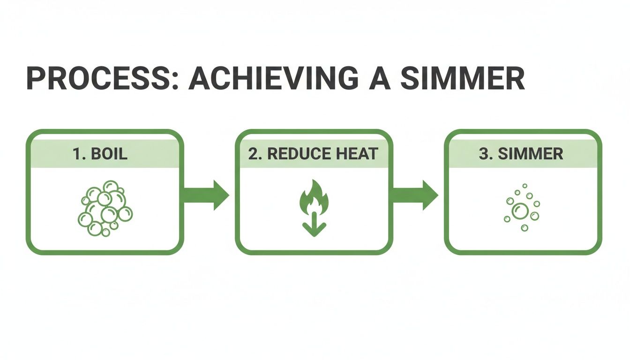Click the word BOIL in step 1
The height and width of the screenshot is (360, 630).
(108, 154)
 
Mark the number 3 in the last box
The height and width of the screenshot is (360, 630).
(483, 154)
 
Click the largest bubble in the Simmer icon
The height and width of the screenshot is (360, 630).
(520, 211)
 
